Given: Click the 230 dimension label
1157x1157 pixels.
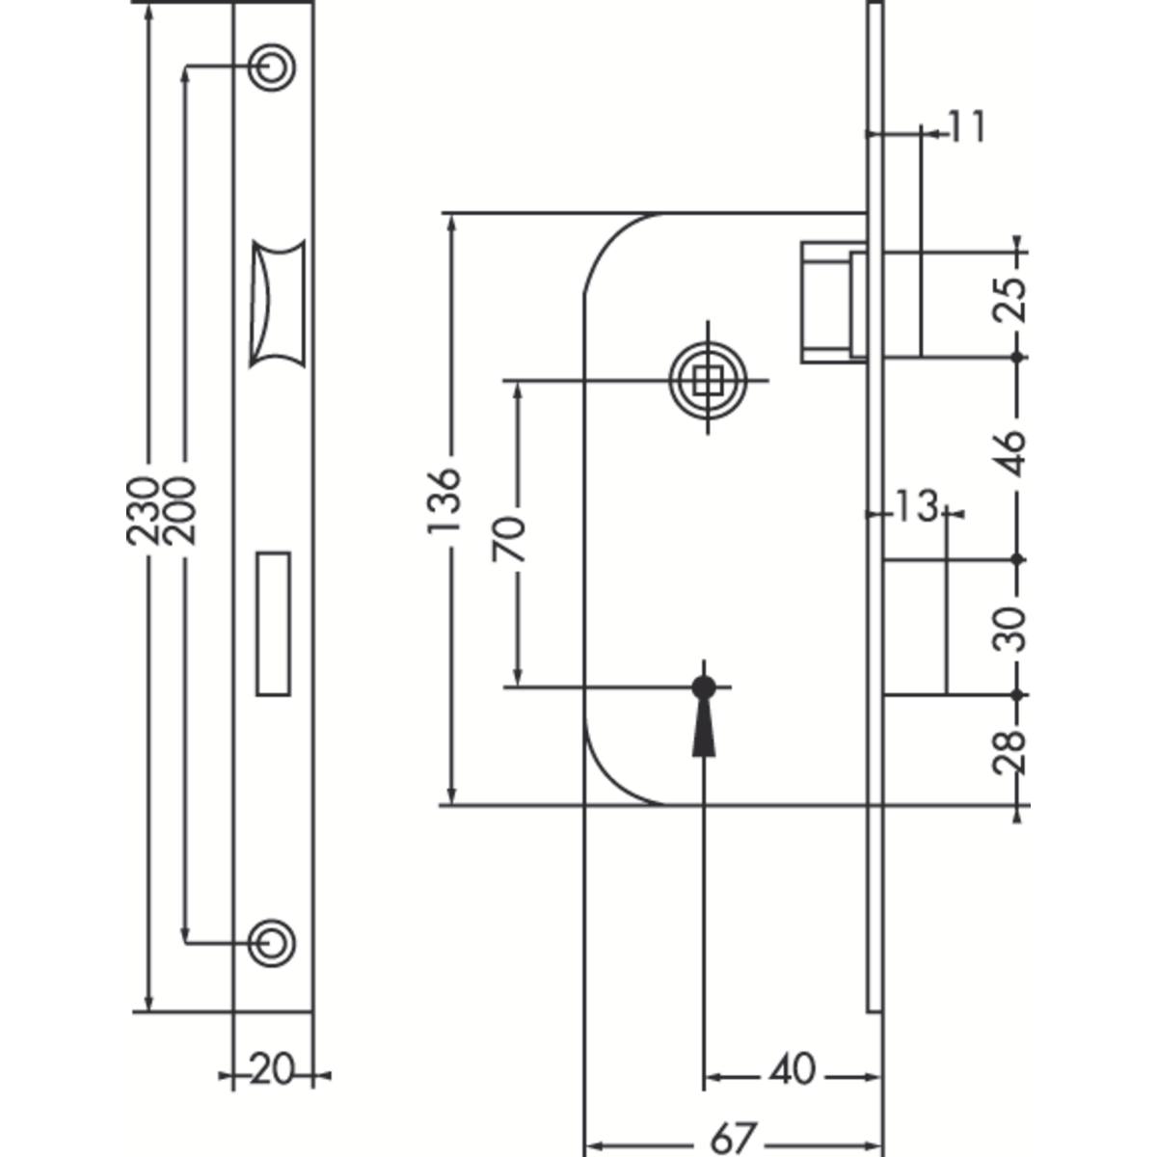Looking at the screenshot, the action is click(143, 510).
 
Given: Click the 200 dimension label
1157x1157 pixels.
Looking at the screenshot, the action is click(179, 510).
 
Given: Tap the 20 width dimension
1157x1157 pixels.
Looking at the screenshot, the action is click(272, 1067).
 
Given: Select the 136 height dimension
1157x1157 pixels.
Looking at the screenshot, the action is click(444, 500).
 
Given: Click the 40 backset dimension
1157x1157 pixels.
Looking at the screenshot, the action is click(792, 1067).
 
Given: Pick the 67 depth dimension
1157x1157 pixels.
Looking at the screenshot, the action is click(732, 1136).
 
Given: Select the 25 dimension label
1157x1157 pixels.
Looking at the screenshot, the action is click(1009, 299).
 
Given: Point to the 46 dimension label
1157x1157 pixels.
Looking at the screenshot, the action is click(1009, 453).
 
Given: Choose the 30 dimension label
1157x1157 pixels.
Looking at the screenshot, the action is click(1009, 629).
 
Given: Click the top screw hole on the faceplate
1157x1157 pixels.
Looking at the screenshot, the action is click(271, 67).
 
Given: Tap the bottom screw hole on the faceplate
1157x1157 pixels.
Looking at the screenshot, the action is click(271, 943).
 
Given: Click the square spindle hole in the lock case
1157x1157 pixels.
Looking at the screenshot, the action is click(708, 380).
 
